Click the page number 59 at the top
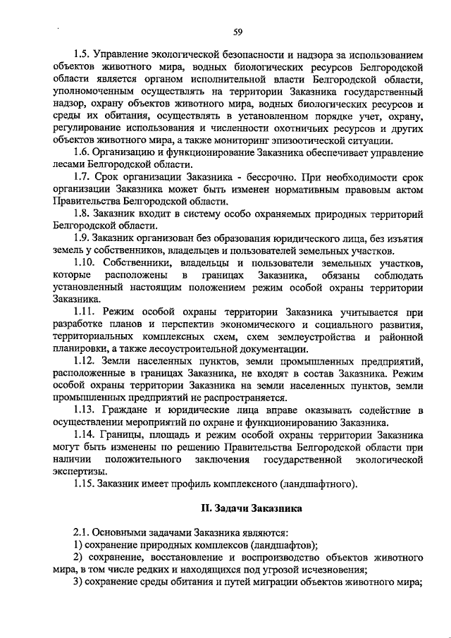click(238, 30)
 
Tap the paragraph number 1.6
click(83, 151)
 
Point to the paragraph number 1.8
click(83, 213)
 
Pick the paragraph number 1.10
click(85, 262)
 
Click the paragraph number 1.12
click(85, 361)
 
